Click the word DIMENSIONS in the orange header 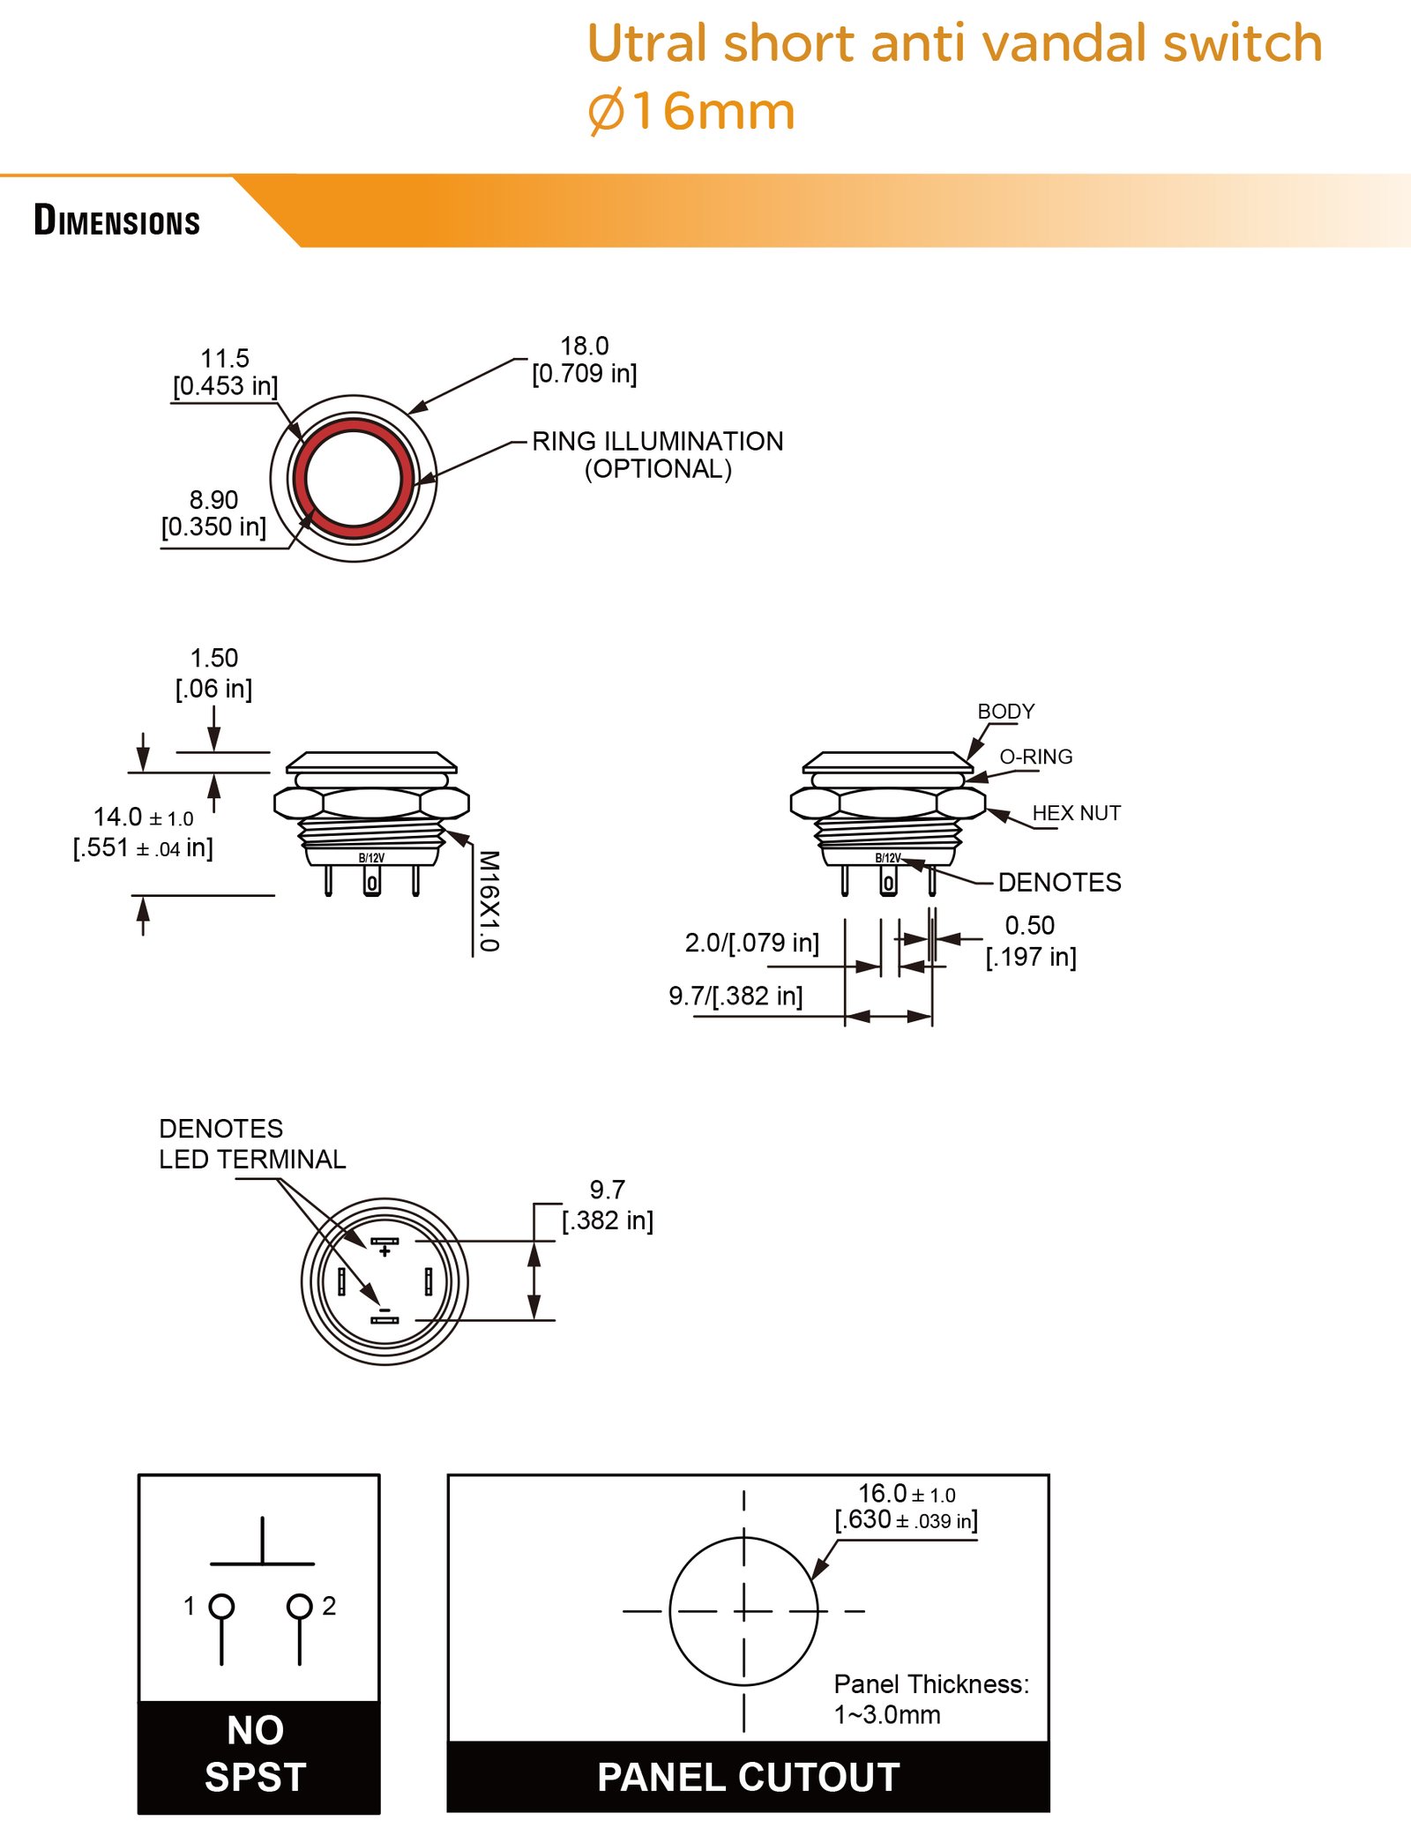[x=117, y=220]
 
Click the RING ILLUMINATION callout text [x=658, y=454]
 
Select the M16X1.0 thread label [x=489, y=901]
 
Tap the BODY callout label [x=1006, y=711]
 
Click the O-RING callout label [x=1036, y=757]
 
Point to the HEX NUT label [x=1077, y=813]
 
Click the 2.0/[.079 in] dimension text [x=752, y=943]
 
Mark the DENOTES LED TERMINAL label [x=252, y=1144]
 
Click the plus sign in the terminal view [x=384, y=1251]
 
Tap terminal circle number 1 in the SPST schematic [x=221, y=1606]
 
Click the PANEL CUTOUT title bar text [x=749, y=1777]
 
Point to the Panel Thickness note [x=931, y=1699]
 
